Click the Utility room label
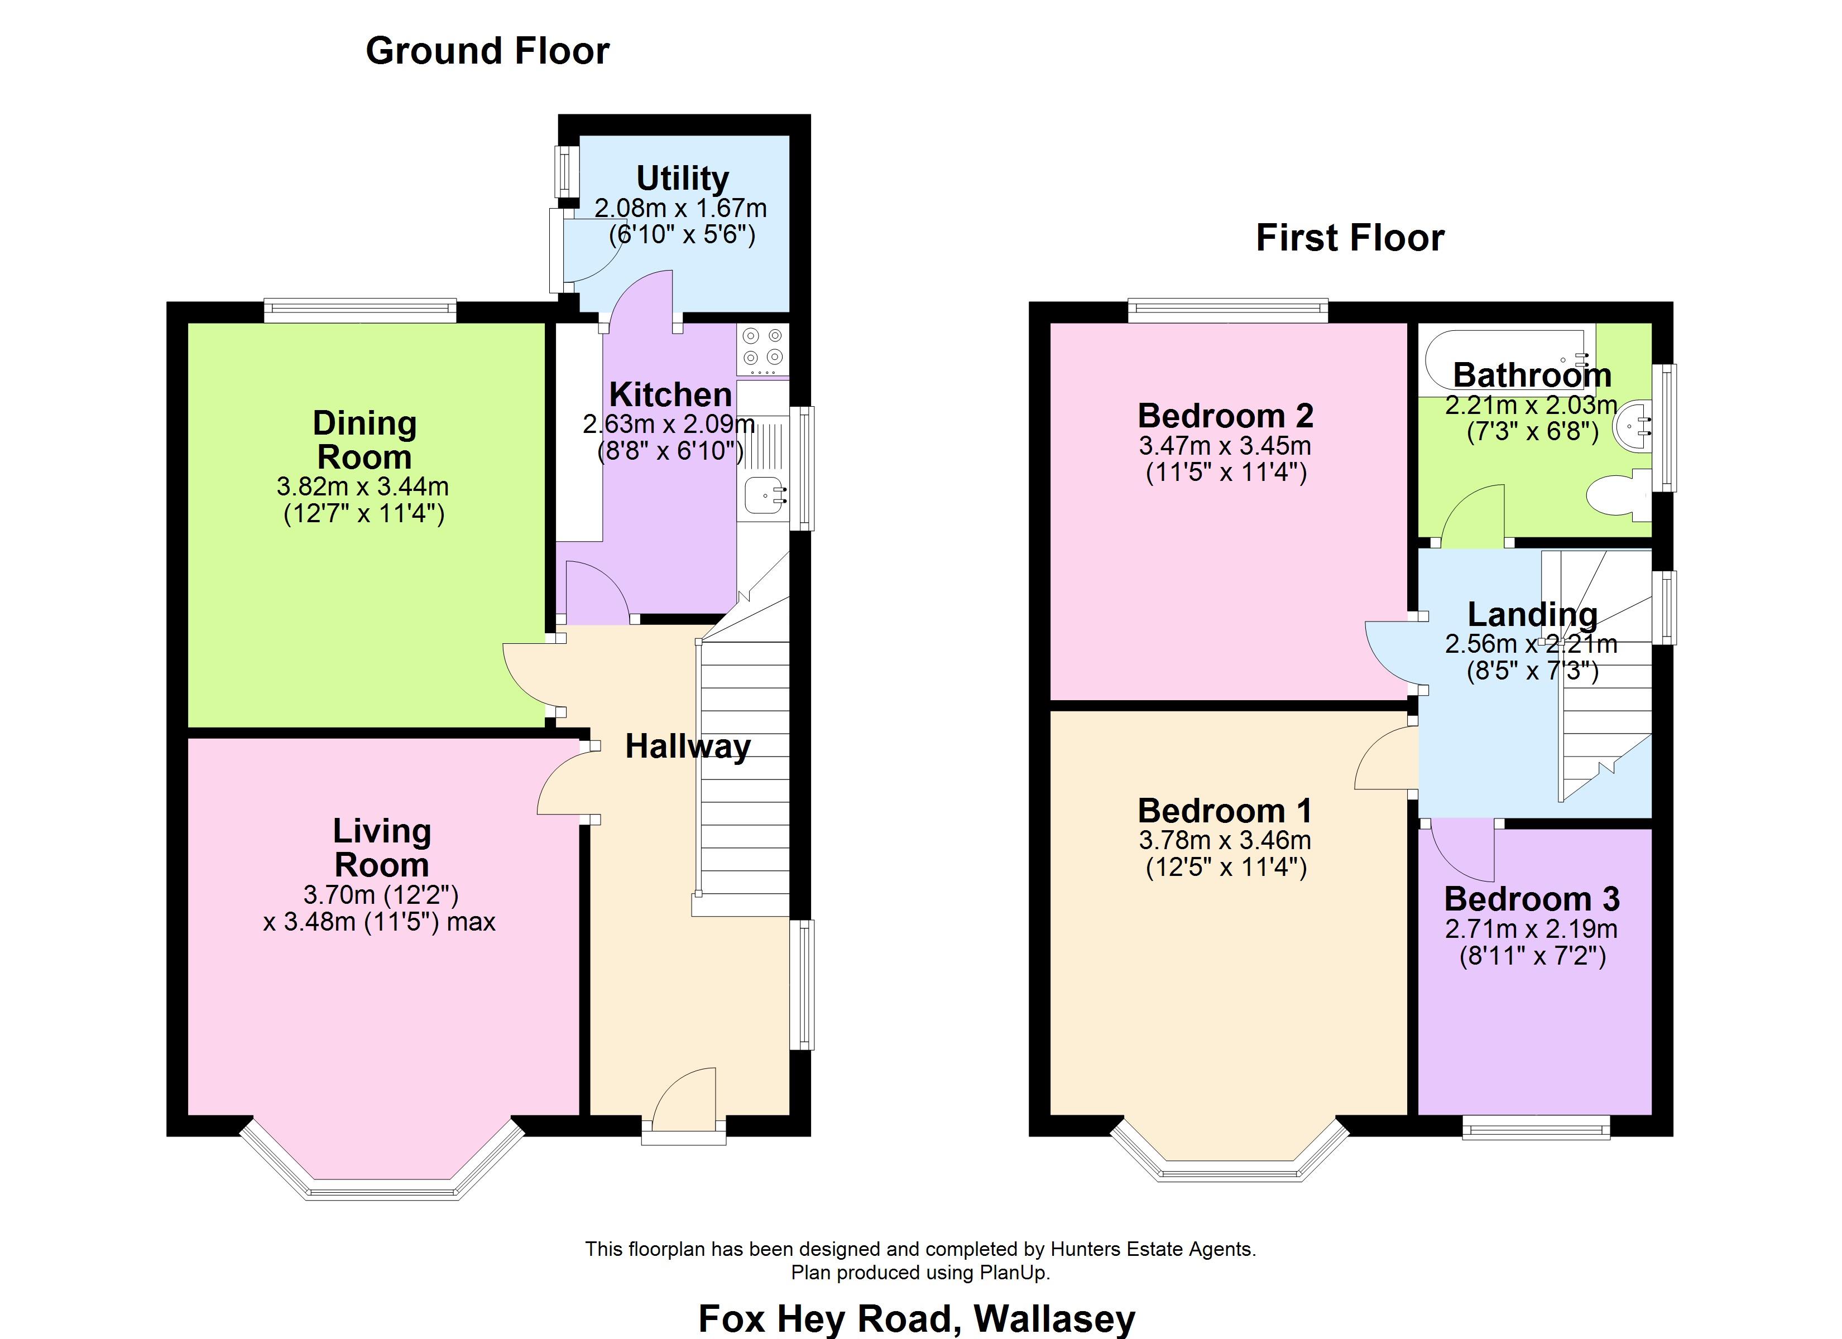pos(682,178)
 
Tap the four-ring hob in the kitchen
pos(762,349)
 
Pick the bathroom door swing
pos(1472,513)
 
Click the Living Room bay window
pos(382,1161)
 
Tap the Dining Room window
pos(360,311)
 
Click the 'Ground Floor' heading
pos(487,51)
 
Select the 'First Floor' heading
pos(1350,238)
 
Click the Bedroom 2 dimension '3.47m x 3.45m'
pos(1225,446)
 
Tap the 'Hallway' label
pos(688,747)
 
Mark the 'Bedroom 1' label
pos(1225,811)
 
